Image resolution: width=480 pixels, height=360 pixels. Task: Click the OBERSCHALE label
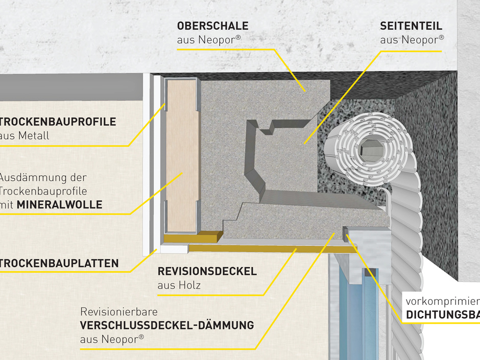(x=212, y=26)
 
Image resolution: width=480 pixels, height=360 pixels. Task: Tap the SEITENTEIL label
(x=411, y=26)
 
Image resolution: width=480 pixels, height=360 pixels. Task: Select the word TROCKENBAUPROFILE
(x=58, y=122)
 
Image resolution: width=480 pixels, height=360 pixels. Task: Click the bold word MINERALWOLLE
(x=60, y=205)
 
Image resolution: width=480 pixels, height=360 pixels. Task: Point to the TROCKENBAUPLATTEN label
(x=59, y=264)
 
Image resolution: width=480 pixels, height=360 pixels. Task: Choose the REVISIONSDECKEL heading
(x=207, y=272)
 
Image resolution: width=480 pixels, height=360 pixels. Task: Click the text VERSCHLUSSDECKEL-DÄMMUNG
(x=167, y=325)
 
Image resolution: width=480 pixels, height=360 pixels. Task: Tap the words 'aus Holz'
(x=179, y=285)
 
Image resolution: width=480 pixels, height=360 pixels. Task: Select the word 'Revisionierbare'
(x=118, y=311)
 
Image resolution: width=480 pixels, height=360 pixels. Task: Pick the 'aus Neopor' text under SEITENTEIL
(x=412, y=39)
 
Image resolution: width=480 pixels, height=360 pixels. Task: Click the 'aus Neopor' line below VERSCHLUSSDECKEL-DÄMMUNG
(x=112, y=339)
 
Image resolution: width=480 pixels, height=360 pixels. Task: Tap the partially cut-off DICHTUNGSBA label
(x=443, y=315)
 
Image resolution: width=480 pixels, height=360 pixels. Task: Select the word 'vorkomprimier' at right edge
(x=442, y=301)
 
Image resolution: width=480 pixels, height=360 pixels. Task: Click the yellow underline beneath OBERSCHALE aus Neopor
(x=225, y=50)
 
